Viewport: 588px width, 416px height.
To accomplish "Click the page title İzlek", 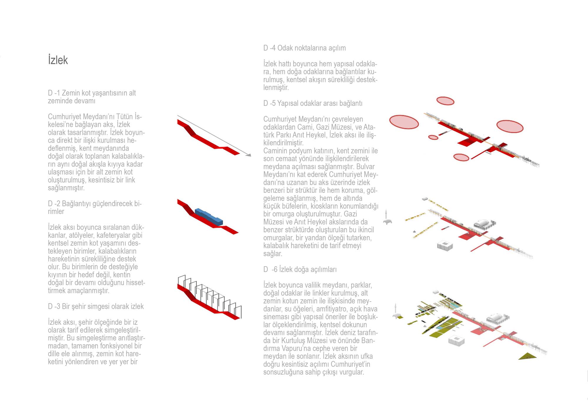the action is click(58, 60).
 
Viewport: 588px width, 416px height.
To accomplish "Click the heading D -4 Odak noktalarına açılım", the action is click(304, 48).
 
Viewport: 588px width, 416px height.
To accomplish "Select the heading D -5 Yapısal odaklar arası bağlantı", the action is click(313, 103).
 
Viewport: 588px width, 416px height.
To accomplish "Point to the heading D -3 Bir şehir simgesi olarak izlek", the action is click(96, 306).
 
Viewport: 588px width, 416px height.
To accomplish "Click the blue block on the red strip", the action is click(209, 217).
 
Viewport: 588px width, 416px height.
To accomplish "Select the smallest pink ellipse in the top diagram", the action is click(433, 137).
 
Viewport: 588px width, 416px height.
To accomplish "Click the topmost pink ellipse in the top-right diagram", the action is click(445, 101).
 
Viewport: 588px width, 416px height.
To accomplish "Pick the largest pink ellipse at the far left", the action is click(404, 122).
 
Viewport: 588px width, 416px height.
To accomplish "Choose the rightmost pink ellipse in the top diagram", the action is click(510, 126).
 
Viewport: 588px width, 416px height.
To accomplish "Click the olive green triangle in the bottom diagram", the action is click(527, 356).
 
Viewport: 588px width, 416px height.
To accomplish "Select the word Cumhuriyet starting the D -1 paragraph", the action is click(66, 117).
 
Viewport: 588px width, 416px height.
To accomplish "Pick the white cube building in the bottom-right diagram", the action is click(456, 341).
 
